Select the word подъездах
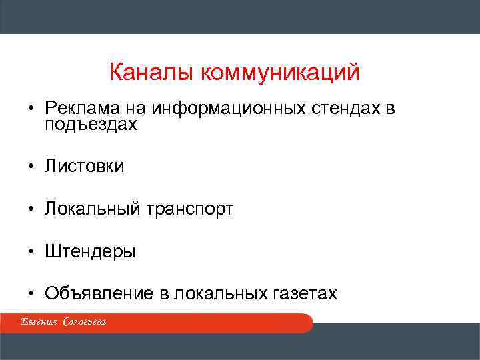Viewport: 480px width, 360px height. click(91, 125)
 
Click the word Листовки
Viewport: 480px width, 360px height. click(84, 166)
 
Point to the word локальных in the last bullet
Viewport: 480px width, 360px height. click(215, 294)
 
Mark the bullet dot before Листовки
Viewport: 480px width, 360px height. click(31, 167)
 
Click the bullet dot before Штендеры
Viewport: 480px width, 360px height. click(31, 252)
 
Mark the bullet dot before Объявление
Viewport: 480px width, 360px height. click(31, 295)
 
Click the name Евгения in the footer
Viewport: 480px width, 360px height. click(38, 323)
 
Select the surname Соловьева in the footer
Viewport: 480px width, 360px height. click(85, 323)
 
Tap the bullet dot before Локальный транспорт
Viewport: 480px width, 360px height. click(31, 209)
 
